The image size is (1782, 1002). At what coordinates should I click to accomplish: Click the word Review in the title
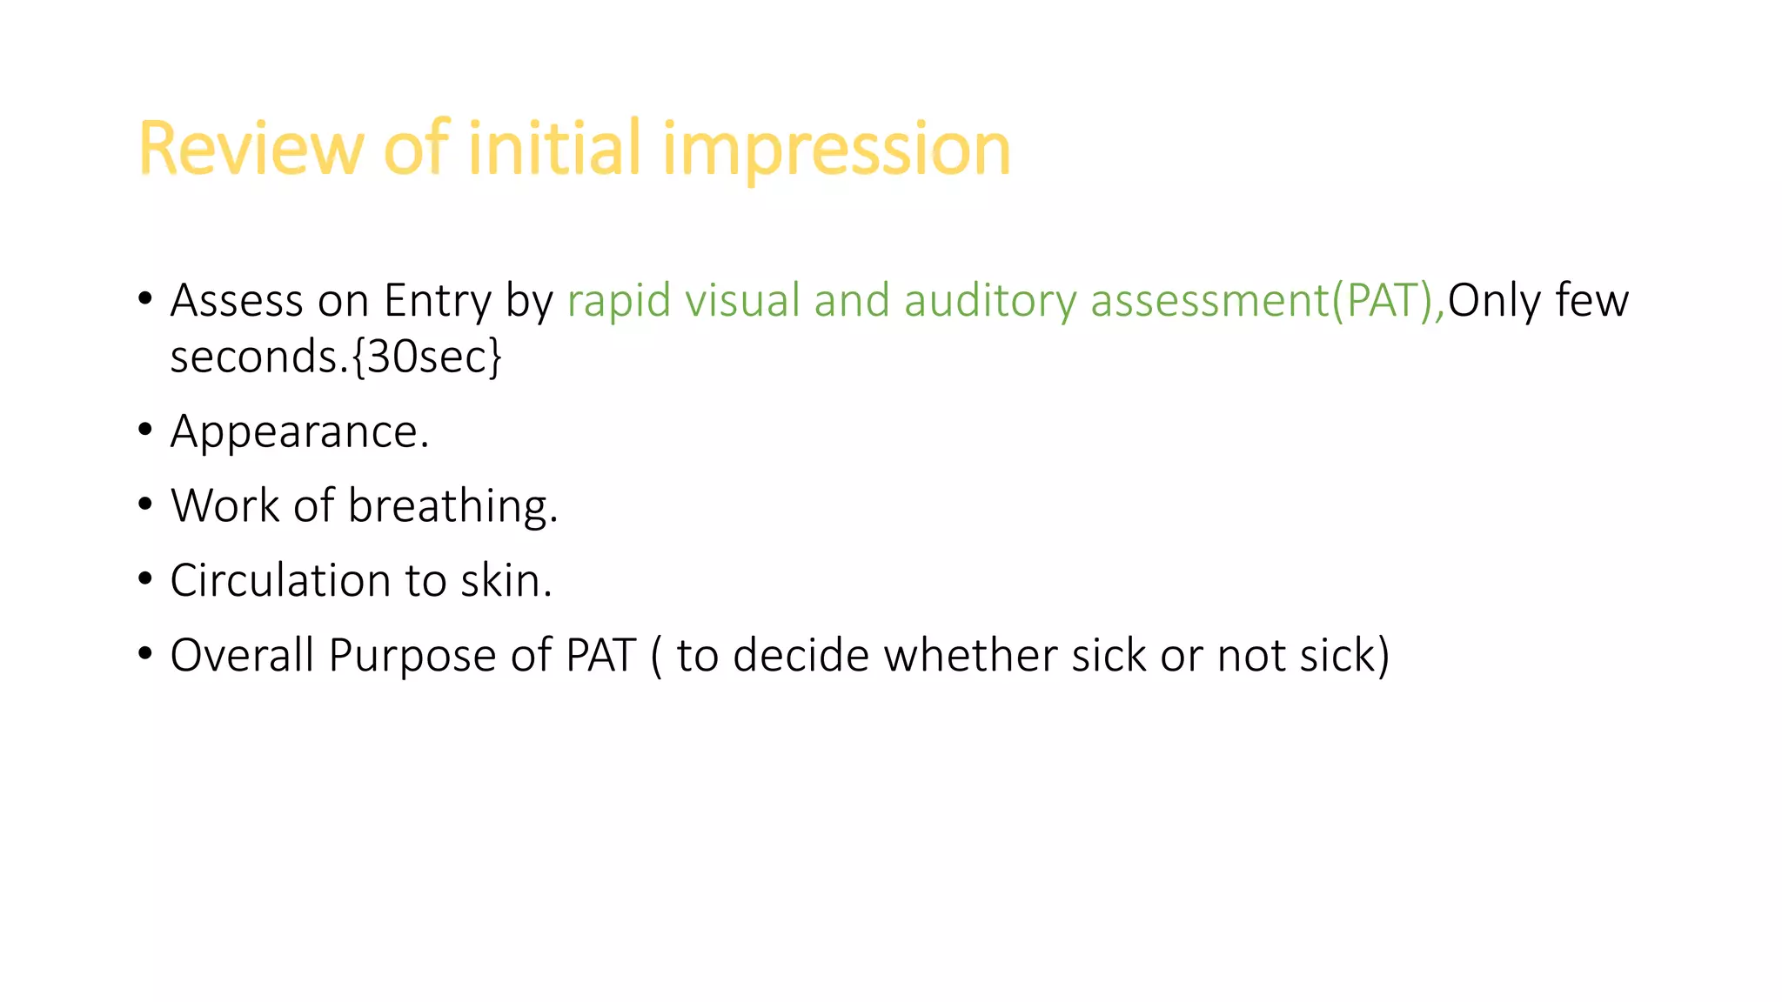[248, 149]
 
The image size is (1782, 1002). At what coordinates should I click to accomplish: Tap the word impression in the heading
[836, 149]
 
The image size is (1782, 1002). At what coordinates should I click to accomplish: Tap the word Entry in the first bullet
[438, 301]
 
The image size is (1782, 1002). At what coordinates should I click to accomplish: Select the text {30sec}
[427, 357]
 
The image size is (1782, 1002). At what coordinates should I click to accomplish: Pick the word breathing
[452, 506]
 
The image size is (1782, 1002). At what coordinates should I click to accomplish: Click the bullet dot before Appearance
[145, 430]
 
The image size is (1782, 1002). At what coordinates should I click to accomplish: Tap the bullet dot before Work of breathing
[145, 504]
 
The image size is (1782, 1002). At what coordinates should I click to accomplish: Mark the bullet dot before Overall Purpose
[145, 653]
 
